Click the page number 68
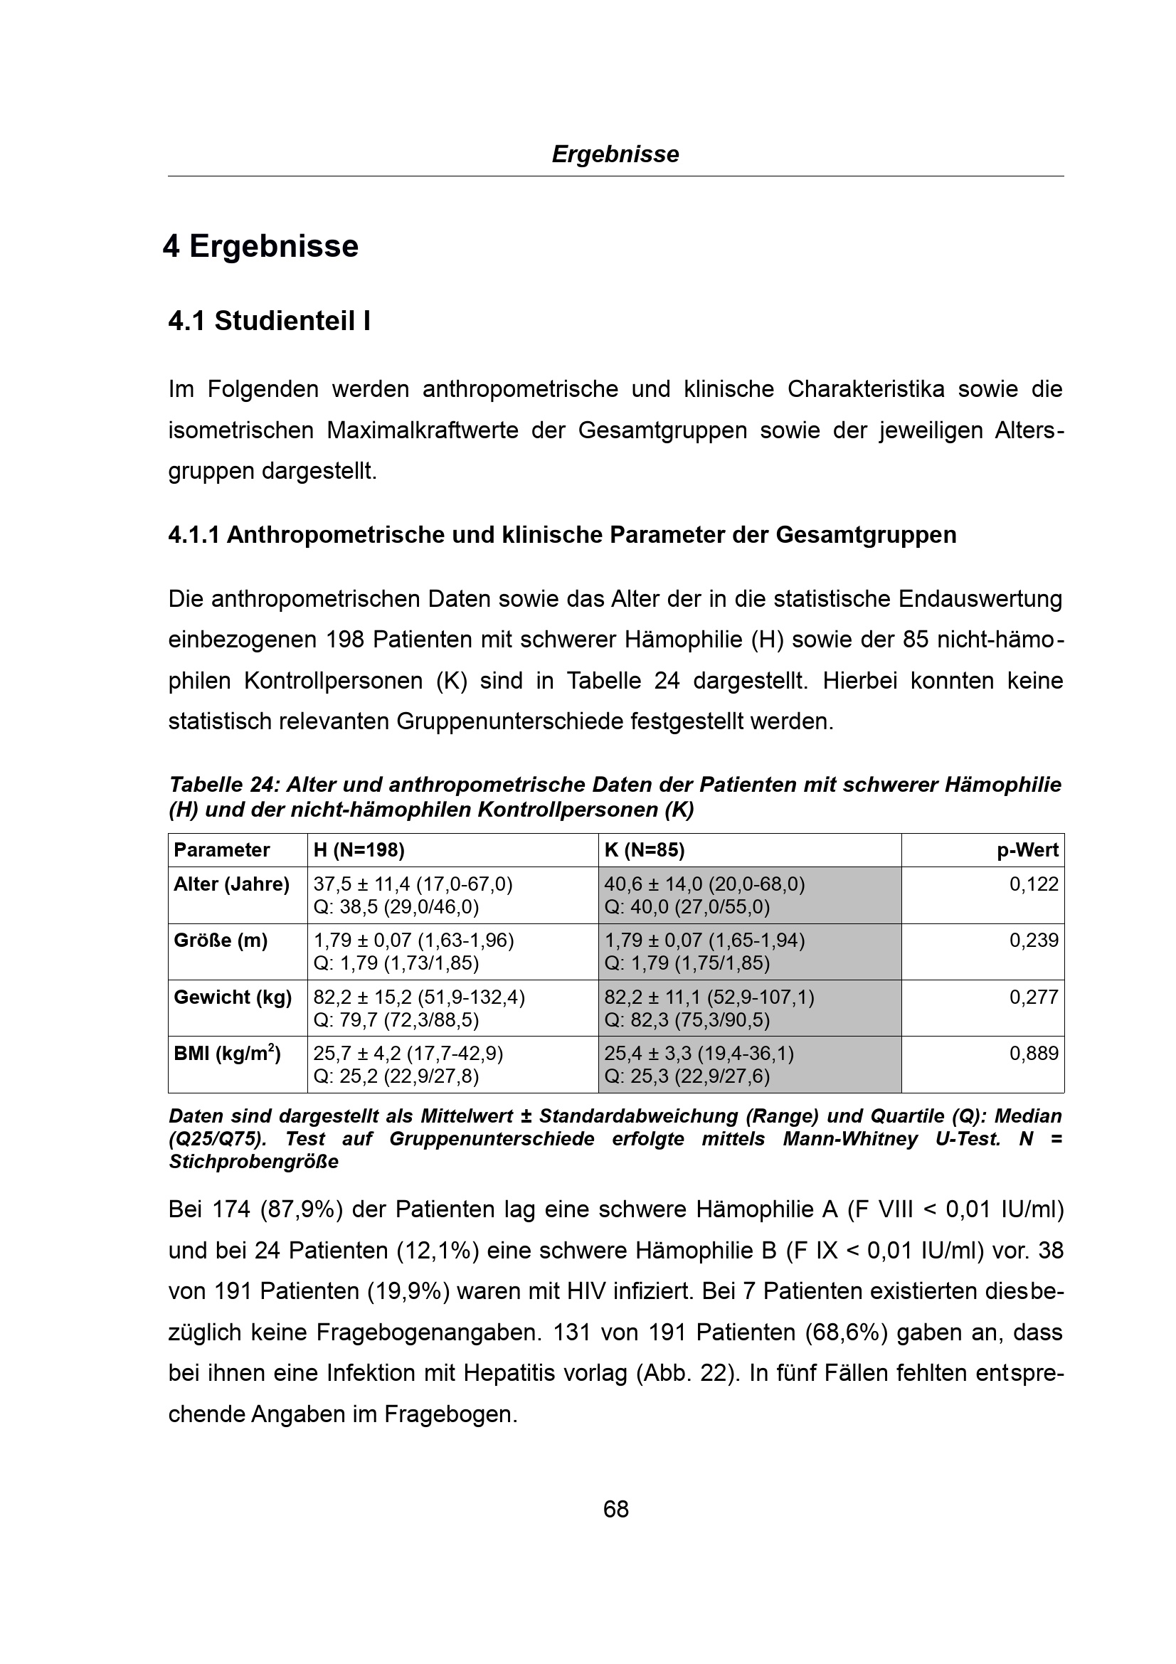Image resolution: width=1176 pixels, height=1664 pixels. (615, 1509)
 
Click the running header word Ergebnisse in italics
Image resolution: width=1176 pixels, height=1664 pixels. (615, 154)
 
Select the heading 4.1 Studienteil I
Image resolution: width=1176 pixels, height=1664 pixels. (270, 321)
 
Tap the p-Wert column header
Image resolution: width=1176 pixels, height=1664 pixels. (1027, 850)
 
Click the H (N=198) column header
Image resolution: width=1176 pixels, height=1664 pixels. (359, 850)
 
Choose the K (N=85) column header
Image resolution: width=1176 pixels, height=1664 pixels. (644, 850)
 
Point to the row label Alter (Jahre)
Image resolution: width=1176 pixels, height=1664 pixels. (231, 884)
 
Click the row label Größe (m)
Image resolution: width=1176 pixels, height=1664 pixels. (221, 940)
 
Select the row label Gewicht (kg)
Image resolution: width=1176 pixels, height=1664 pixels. (233, 997)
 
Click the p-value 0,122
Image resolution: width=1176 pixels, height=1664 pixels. (1034, 884)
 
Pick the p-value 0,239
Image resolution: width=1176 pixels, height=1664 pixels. (1034, 940)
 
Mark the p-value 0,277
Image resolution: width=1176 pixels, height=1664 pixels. (1034, 997)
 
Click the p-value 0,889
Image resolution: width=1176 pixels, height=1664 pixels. (1034, 1054)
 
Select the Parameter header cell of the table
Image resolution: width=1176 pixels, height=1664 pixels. (222, 850)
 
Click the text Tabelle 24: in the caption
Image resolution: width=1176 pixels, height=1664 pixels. (224, 785)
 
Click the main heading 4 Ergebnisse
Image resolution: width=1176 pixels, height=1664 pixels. (261, 246)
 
